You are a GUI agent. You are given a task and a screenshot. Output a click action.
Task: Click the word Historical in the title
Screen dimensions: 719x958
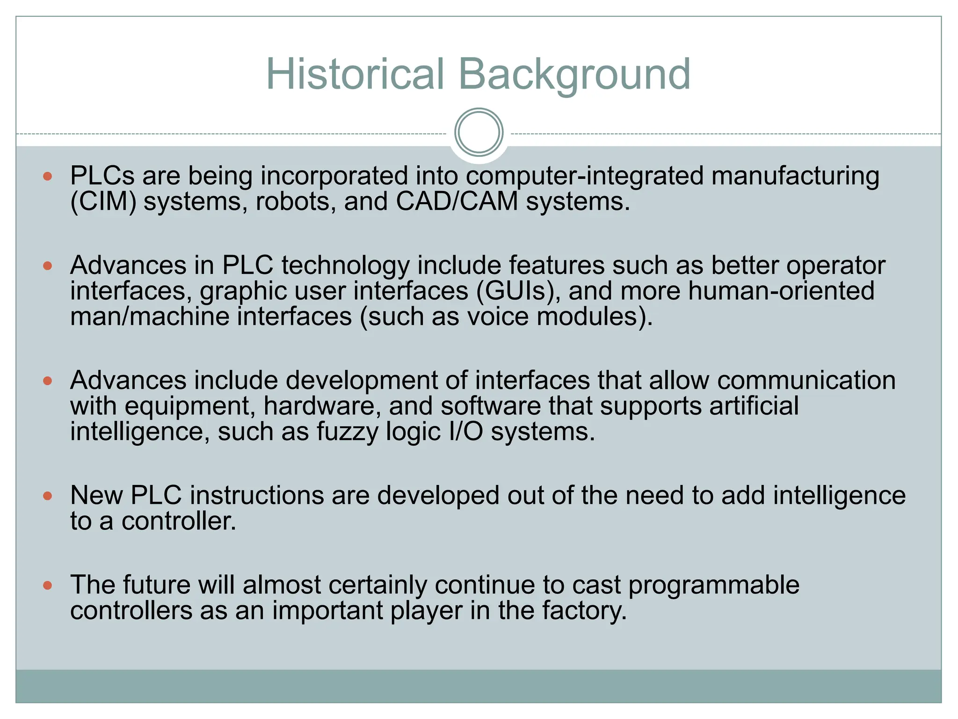[355, 74]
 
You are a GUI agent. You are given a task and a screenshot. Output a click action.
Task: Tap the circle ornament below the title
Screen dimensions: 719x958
[479, 132]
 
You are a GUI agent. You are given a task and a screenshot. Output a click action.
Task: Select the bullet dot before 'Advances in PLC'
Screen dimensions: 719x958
[47, 266]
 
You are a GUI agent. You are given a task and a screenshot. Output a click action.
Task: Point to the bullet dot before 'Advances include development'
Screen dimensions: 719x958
[47, 381]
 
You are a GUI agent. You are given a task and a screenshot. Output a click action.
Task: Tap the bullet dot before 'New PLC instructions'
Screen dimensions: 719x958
[47, 496]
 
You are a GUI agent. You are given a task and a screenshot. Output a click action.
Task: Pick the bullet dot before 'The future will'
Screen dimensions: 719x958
[47, 585]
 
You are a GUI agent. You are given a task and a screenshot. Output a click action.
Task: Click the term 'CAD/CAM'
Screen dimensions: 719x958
[457, 202]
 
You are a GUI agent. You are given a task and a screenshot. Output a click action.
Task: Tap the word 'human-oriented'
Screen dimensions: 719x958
[781, 291]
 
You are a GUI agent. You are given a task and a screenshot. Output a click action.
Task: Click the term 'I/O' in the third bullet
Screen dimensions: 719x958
[465, 432]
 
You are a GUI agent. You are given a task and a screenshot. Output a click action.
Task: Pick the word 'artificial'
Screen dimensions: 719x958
[754, 406]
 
